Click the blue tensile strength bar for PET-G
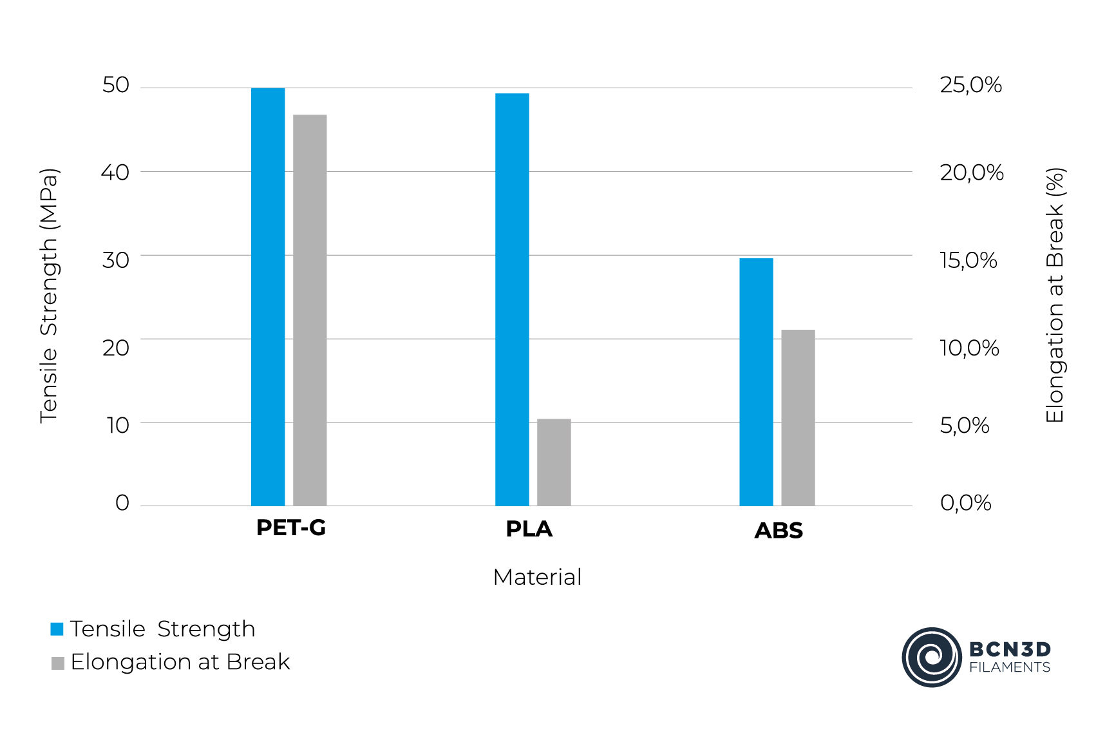268,296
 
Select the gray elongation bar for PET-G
310,310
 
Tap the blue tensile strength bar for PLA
512,299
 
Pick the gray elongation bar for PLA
554,462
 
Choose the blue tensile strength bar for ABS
756,382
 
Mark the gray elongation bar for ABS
798,417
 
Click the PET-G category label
291,527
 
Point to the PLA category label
529,529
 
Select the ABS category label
779,531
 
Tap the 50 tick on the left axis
116,85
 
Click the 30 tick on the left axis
116,260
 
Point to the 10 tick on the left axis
118,425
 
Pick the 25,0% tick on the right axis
970,85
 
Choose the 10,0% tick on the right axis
969,348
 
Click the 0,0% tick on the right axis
965,502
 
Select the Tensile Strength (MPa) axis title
49,296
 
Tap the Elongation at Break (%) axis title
1055,296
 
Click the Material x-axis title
537,577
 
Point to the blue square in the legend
57,629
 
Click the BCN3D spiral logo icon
931,657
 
